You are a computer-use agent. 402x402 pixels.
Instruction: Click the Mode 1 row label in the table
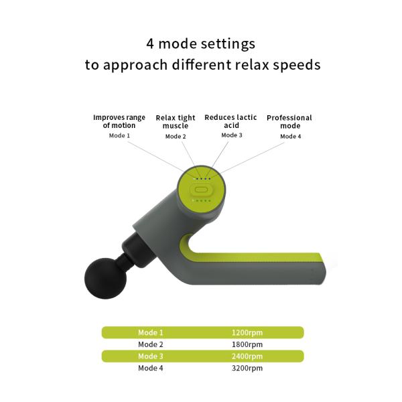[x=151, y=332]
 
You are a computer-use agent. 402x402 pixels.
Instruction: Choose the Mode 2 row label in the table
[x=151, y=344]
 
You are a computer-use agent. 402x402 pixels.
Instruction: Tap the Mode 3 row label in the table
[x=151, y=356]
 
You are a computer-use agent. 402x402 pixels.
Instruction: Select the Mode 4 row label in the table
[x=151, y=368]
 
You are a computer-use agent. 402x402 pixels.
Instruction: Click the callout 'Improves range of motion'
[x=119, y=121]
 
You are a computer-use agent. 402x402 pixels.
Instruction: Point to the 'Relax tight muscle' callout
[x=176, y=122]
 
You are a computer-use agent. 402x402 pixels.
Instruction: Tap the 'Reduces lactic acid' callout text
[x=231, y=121]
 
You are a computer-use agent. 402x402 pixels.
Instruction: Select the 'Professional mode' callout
[x=289, y=122]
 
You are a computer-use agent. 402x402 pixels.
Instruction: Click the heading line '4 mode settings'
[x=201, y=44]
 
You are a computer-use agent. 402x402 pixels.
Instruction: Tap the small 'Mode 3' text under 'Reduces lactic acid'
[x=232, y=135]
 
